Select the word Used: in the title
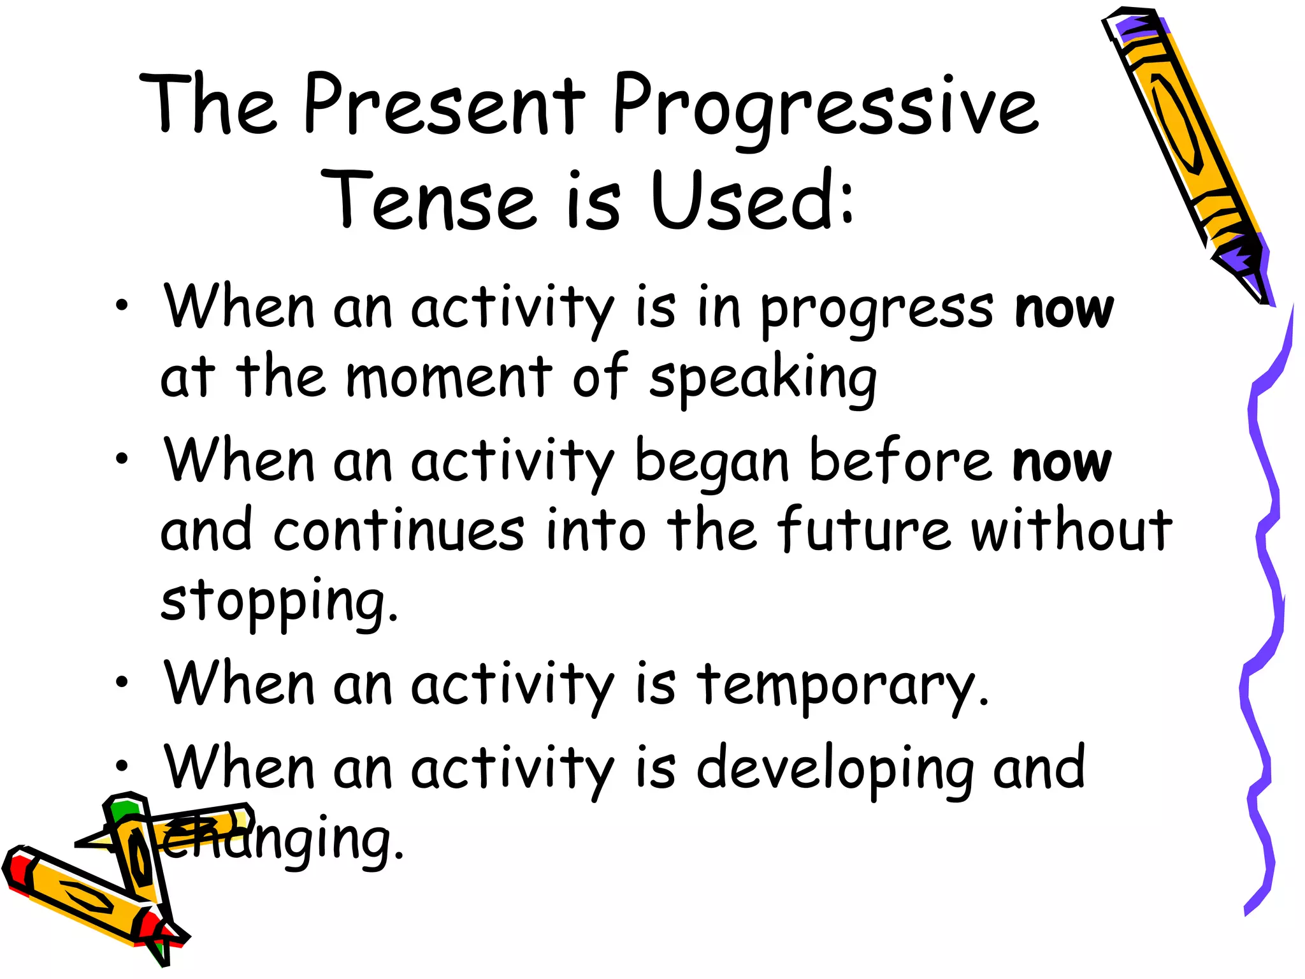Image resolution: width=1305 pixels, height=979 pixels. (x=752, y=201)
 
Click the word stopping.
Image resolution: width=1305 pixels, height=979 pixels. (x=278, y=600)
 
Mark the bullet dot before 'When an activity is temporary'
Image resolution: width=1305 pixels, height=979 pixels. (x=122, y=682)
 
